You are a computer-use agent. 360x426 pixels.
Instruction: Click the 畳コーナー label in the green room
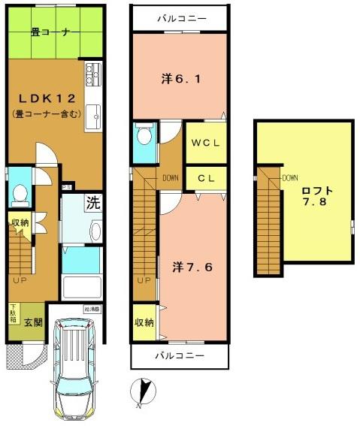(51, 32)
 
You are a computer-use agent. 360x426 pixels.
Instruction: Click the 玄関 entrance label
(32, 323)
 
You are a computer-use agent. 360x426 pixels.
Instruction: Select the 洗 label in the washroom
(92, 202)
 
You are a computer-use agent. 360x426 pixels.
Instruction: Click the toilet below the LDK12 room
(20, 194)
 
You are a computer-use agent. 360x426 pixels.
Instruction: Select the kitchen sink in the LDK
(94, 116)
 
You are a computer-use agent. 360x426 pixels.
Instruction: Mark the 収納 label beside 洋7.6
(144, 322)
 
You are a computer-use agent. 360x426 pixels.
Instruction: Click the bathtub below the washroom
(80, 286)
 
